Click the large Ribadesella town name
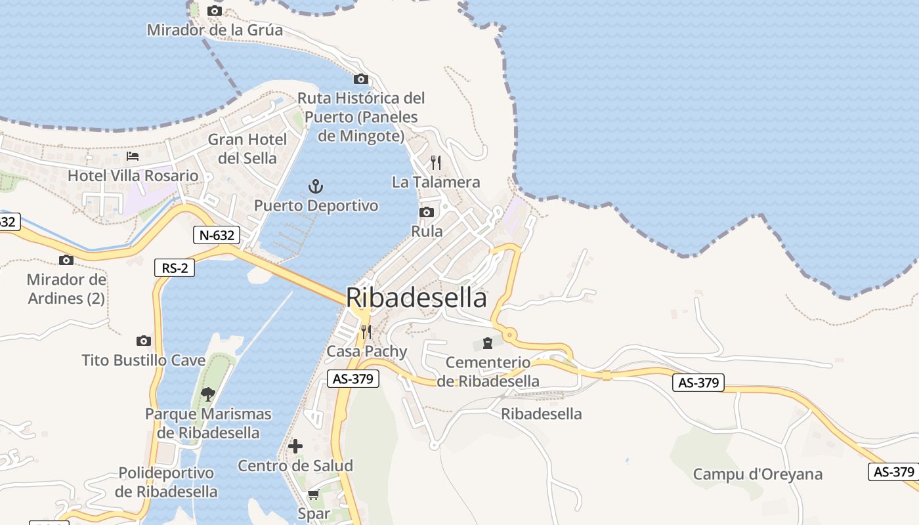pos(416,298)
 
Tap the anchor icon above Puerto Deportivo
pos(316,186)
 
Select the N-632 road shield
pos(217,235)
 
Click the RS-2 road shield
pos(175,268)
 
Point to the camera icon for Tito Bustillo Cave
pos(144,341)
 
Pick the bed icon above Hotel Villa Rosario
pos(133,156)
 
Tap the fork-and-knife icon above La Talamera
pos(436,162)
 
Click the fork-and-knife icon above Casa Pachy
pos(366,332)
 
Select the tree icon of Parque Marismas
pos(208,394)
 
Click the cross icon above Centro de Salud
pos(295,447)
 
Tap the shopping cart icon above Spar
pos(314,495)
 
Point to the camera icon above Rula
pos(427,212)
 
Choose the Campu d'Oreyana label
pos(758,474)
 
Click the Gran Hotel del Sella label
pos(247,149)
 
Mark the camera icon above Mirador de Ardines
pos(66,260)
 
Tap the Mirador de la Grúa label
pos(215,30)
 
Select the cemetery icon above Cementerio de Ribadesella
pos(488,343)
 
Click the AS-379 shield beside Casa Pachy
pos(353,379)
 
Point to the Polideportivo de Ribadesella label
pos(166,482)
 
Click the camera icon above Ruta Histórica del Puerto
pos(360,79)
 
